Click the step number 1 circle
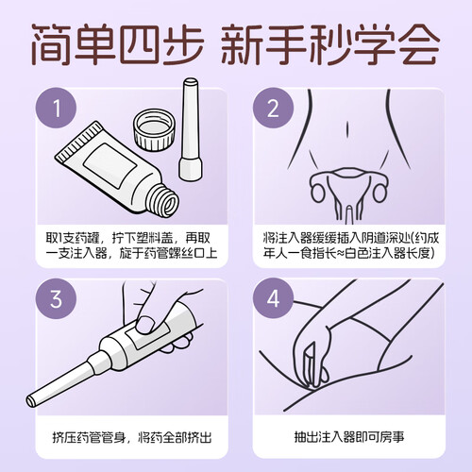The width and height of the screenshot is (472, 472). [x=57, y=108]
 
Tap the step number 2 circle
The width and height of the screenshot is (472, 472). [x=273, y=108]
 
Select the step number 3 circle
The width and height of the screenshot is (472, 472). [x=57, y=298]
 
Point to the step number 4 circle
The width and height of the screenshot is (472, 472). [x=273, y=298]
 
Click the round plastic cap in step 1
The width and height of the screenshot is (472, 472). [x=154, y=129]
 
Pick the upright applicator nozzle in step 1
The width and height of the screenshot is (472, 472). [x=191, y=129]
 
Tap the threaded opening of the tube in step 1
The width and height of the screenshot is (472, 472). [x=168, y=201]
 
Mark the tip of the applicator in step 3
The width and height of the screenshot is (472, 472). [x=30, y=401]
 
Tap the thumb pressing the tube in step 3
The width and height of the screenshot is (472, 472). [x=147, y=323]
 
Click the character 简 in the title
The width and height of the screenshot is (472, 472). [x=51, y=44]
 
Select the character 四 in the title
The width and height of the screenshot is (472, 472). [x=140, y=44]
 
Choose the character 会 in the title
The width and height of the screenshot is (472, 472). [x=417, y=44]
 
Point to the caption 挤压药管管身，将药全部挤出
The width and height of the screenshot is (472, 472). [x=132, y=437]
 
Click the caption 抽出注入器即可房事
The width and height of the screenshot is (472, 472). [x=349, y=437]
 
